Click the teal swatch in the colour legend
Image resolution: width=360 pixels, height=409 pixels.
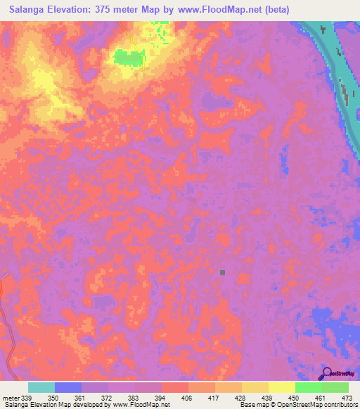coord(41,387)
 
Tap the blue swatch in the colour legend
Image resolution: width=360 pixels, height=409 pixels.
coord(68,387)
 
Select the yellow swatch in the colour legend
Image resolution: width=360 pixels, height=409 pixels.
coord(281,387)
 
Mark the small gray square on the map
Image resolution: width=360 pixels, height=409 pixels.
coord(222,272)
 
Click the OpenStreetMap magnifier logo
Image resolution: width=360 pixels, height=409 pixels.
coord(326,373)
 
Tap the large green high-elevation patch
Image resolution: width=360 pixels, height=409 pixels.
coord(127,57)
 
